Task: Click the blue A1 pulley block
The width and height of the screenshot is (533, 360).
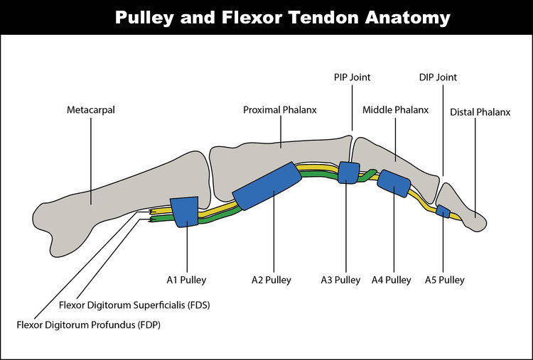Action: pyautogui.click(x=186, y=211)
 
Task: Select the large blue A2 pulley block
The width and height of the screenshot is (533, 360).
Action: pyautogui.click(x=266, y=186)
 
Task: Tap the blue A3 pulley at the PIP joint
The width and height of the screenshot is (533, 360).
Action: pyautogui.click(x=348, y=173)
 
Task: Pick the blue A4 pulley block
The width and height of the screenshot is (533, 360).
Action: pyautogui.click(x=394, y=182)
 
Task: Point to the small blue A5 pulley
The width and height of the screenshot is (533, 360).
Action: pyautogui.click(x=443, y=211)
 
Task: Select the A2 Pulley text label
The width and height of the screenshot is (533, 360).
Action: pyautogui.click(x=271, y=280)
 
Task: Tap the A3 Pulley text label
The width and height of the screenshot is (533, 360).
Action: pyautogui.click(x=340, y=280)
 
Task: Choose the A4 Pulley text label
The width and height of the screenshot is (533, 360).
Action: pyautogui.click(x=392, y=280)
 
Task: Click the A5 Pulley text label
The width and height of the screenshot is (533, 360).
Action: pyautogui.click(x=445, y=280)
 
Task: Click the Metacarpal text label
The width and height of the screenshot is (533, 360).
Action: pyautogui.click(x=91, y=110)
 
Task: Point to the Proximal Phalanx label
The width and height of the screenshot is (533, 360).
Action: pyautogui.click(x=280, y=110)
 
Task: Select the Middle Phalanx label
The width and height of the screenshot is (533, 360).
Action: pyautogui.click(x=396, y=110)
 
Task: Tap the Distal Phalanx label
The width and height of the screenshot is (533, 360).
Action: pyautogui.click(x=480, y=112)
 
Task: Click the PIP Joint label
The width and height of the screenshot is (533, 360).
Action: pyautogui.click(x=352, y=77)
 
